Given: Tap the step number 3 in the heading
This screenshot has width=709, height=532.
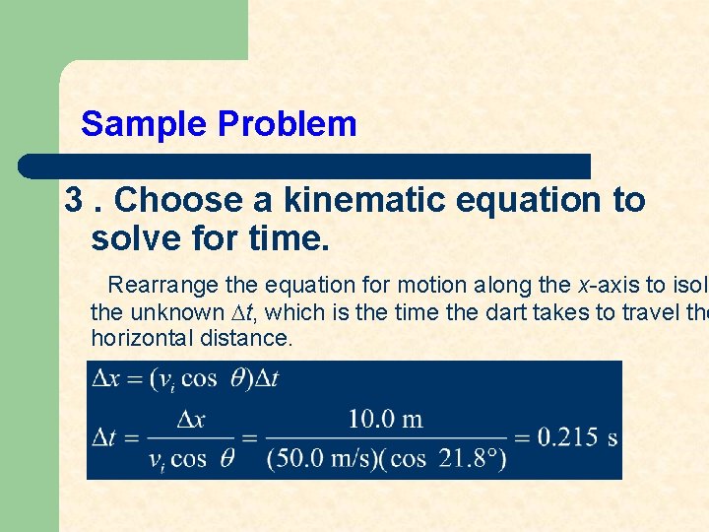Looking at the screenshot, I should coord(74,201).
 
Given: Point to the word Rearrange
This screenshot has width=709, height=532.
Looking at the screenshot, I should coord(163,286).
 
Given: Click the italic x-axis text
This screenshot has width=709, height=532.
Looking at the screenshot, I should coord(605,286).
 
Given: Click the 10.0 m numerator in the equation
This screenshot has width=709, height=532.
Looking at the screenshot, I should coord(385,419).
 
